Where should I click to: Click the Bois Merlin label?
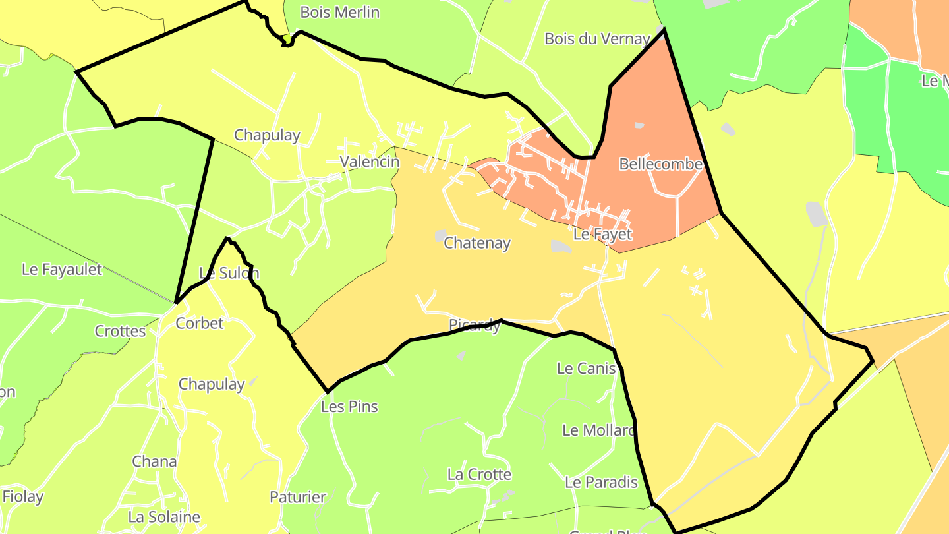point(339,12)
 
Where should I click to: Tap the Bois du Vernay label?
point(597,38)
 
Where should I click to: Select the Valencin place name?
point(369,162)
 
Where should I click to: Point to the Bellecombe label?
point(660,164)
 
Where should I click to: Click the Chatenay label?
point(477,243)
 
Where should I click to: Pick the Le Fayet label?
point(602,234)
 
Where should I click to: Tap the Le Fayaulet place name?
point(62,269)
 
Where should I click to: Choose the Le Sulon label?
point(229,273)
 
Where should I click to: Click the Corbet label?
point(200,323)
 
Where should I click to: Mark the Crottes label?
point(120,331)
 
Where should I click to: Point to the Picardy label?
point(474,325)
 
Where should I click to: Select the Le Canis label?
point(586,369)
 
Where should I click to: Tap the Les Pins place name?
point(349,407)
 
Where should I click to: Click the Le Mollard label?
point(598,430)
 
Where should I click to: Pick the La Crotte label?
point(479,475)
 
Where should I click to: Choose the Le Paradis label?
point(601,482)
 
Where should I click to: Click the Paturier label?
point(298,497)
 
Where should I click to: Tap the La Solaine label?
point(164,517)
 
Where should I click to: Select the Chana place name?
point(154,461)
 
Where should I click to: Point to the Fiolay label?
point(23,497)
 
